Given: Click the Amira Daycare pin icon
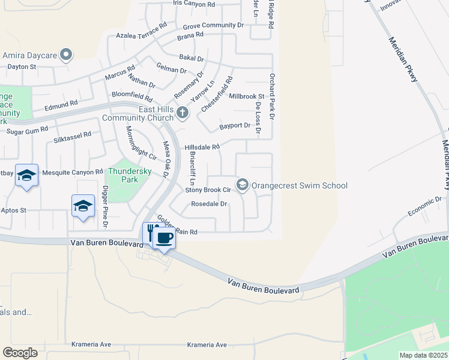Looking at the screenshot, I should pyautogui.click(x=66, y=56).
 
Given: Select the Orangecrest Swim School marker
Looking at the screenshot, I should pyautogui.click(x=243, y=185).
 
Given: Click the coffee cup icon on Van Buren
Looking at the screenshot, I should pyautogui.click(x=164, y=238).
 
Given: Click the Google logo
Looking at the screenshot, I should pyautogui.click(x=20, y=352).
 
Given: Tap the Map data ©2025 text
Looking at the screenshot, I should pyautogui.click(x=423, y=355).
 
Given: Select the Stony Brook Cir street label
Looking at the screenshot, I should pyautogui.click(x=208, y=190).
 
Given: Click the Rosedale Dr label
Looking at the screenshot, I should pyautogui.click(x=209, y=204).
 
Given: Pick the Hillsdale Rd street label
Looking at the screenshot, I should pyautogui.click(x=202, y=147).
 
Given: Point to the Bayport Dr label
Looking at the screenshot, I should pyautogui.click(x=235, y=125).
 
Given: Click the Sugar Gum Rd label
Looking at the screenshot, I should pyautogui.click(x=26, y=130).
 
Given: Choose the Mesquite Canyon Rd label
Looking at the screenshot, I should pyautogui.click(x=68, y=172).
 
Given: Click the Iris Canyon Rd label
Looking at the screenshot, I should pyautogui.click(x=193, y=4).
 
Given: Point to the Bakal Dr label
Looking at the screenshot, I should pyautogui.click(x=191, y=59).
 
